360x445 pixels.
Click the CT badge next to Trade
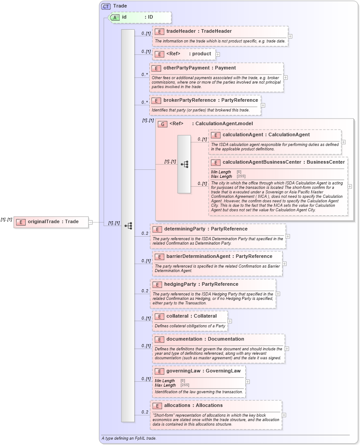click(106, 6)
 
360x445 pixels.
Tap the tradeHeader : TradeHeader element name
click(199, 31)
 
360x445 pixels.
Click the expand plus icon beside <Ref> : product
click(218, 54)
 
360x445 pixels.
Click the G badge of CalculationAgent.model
click(163, 124)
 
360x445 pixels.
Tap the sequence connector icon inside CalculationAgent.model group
click(184, 164)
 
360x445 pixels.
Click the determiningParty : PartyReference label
click(206, 229)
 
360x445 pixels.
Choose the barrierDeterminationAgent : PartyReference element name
click(219, 256)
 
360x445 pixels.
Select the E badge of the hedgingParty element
click(157, 284)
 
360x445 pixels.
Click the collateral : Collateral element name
click(191, 316)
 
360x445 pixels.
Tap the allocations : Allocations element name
click(193, 405)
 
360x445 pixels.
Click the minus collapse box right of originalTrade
click(90, 222)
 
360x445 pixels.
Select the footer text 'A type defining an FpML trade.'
click(128, 438)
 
